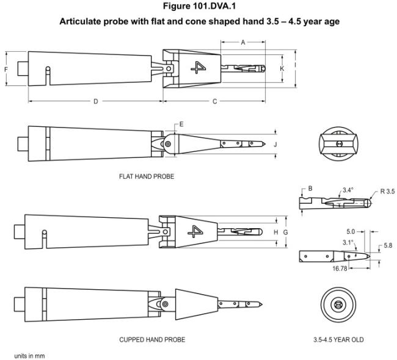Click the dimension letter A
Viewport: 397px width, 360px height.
point(243,42)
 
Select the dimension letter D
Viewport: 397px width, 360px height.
point(96,101)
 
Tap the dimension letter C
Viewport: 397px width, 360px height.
point(215,101)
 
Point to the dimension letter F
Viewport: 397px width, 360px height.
point(6,69)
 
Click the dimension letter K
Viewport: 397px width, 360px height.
point(282,68)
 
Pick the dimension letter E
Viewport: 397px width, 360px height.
point(181,124)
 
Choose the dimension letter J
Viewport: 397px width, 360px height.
point(275,145)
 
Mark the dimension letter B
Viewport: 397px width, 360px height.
point(310,189)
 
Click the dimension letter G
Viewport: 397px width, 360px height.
point(285,232)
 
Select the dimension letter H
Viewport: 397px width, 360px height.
point(276,232)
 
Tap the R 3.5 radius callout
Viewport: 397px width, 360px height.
point(387,192)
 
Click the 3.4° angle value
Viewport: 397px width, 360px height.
point(348,190)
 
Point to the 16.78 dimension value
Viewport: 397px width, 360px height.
point(340,268)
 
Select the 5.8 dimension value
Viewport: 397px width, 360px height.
point(388,245)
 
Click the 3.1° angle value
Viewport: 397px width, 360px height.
point(348,242)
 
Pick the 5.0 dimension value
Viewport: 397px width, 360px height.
point(351,231)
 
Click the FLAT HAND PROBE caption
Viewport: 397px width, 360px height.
point(147,176)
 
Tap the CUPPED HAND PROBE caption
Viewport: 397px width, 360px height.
point(152,339)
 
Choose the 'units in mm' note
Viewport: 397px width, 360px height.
point(29,356)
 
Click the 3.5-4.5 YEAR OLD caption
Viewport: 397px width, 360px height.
point(338,339)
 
